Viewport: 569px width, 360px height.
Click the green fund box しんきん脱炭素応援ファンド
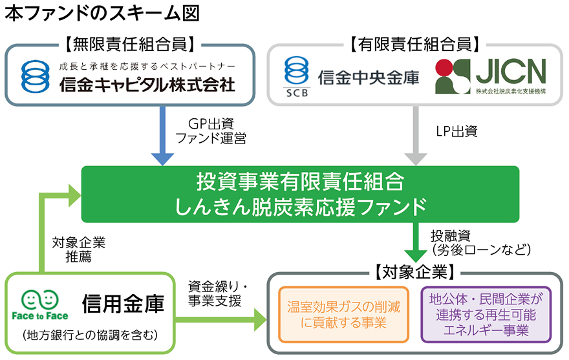300,193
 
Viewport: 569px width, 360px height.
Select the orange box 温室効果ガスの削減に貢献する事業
343,314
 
